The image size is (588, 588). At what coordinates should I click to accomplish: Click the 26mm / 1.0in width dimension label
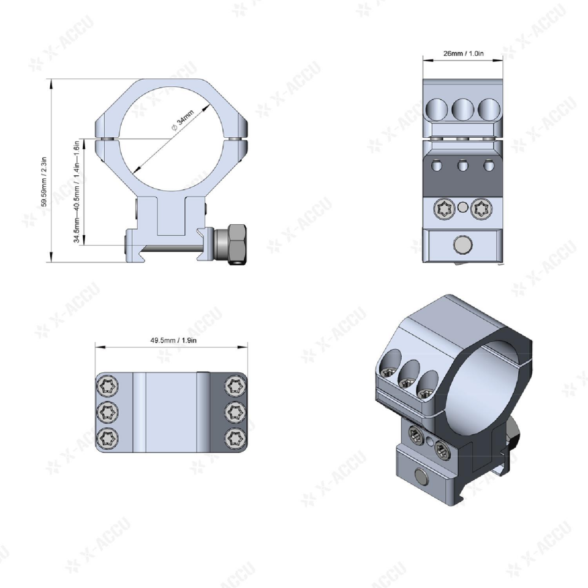tap(463, 53)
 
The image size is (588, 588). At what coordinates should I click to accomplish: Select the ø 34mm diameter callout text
tap(182, 122)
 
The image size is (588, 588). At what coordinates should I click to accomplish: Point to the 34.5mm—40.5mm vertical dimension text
tap(77, 189)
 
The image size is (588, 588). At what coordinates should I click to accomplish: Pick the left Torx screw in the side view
tap(443, 210)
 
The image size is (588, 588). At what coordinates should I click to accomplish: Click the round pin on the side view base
tap(463, 246)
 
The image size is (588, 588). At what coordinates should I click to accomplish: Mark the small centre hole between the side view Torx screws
tap(464, 208)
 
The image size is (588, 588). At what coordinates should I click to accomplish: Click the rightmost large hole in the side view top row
tap(489, 110)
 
